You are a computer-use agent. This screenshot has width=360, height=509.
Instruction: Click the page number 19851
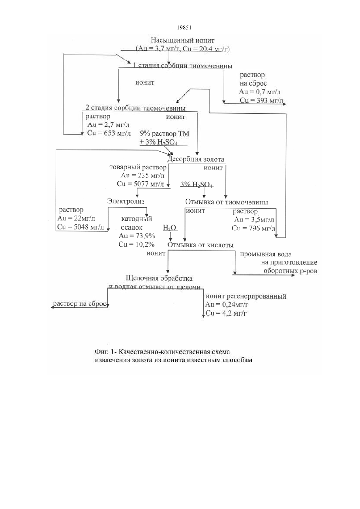point(184,27)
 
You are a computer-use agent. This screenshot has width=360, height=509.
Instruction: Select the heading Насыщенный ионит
point(183,41)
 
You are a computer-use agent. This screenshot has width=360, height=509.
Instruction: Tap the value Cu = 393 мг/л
point(261,100)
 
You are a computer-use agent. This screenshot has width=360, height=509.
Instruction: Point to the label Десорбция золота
point(196,159)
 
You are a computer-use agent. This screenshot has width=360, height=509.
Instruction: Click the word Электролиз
point(126,201)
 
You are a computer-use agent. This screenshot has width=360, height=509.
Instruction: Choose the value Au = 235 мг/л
point(142,175)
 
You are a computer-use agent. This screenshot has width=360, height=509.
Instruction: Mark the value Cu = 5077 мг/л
point(140,184)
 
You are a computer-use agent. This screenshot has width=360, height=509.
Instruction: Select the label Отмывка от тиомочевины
point(226,202)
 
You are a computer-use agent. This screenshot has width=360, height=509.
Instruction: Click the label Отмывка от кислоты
point(200,245)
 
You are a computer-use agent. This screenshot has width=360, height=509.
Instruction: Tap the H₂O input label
point(170,227)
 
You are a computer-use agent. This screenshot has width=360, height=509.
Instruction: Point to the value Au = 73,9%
point(137,236)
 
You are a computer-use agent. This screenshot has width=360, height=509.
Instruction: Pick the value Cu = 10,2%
point(136,244)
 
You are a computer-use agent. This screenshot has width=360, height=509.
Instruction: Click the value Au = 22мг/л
point(76,218)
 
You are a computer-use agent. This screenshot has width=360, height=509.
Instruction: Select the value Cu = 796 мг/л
point(254,228)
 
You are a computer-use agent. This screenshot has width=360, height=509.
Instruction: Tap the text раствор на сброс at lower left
point(80,304)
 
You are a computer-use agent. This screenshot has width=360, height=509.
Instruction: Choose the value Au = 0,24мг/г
point(226,305)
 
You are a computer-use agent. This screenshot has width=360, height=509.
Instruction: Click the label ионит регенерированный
point(246,296)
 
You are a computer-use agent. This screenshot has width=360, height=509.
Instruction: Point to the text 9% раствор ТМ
point(165,133)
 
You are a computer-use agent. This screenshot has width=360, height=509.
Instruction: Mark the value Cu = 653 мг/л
point(109,133)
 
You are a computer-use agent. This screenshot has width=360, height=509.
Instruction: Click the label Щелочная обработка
point(159,278)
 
